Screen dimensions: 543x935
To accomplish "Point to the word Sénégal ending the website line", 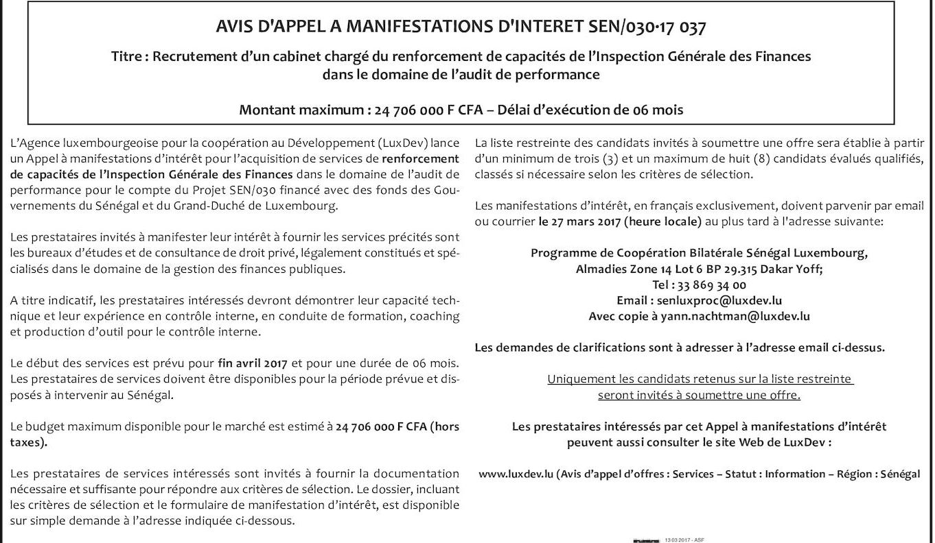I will pos(896,474).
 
